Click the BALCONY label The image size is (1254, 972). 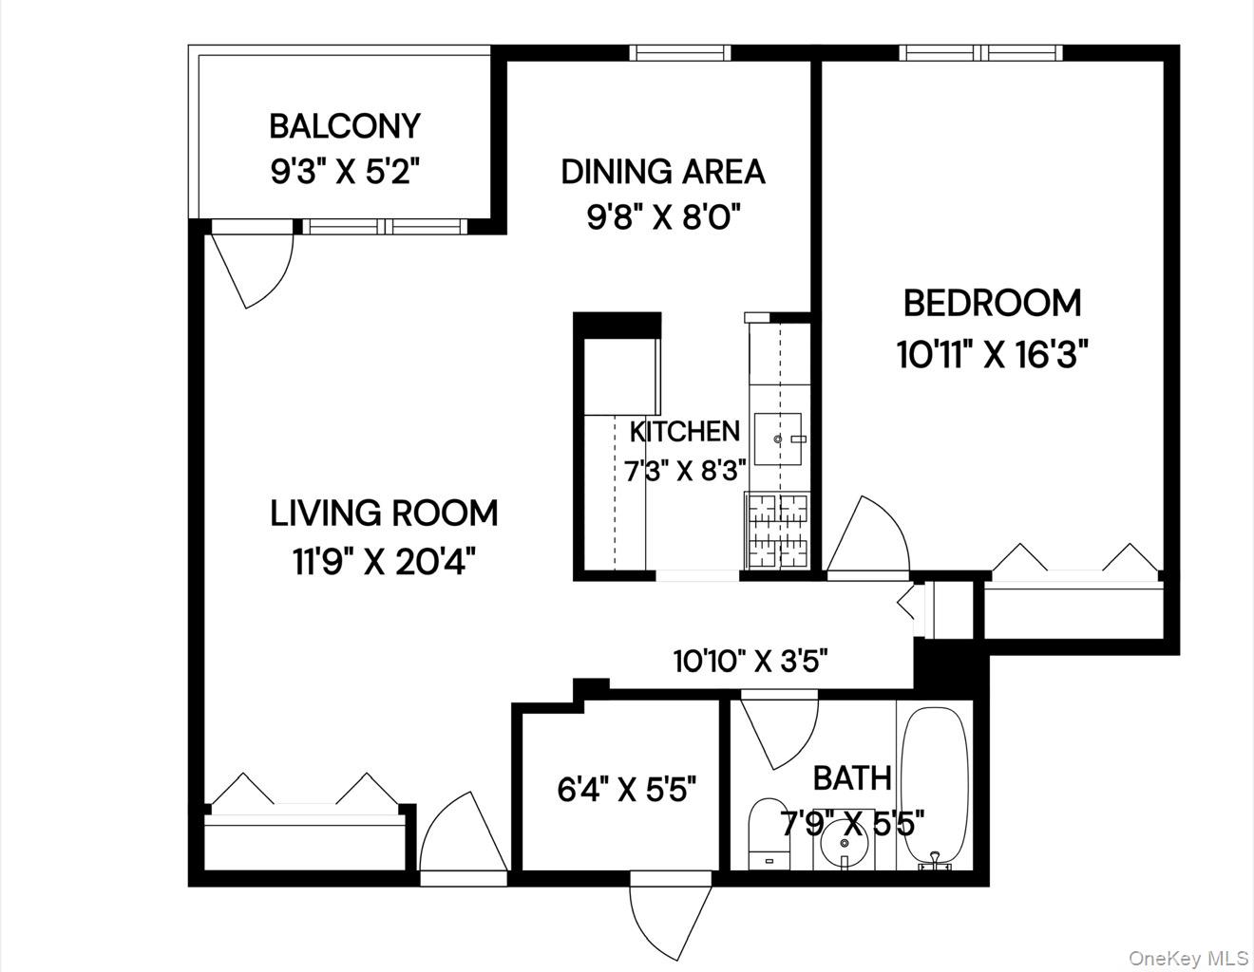click(x=344, y=126)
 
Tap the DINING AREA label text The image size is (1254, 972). click(x=662, y=172)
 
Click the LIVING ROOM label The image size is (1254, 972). click(x=384, y=514)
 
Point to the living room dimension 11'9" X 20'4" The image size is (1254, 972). click(x=384, y=562)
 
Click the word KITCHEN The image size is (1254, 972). click(x=684, y=432)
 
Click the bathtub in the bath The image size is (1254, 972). click(x=934, y=784)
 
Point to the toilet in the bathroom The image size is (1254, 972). click(x=768, y=833)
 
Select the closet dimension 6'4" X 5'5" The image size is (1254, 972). click(x=627, y=789)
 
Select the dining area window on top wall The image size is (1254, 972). click(x=682, y=52)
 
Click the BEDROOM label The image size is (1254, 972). click(x=992, y=304)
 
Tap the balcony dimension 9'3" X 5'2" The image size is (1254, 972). click(x=344, y=172)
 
